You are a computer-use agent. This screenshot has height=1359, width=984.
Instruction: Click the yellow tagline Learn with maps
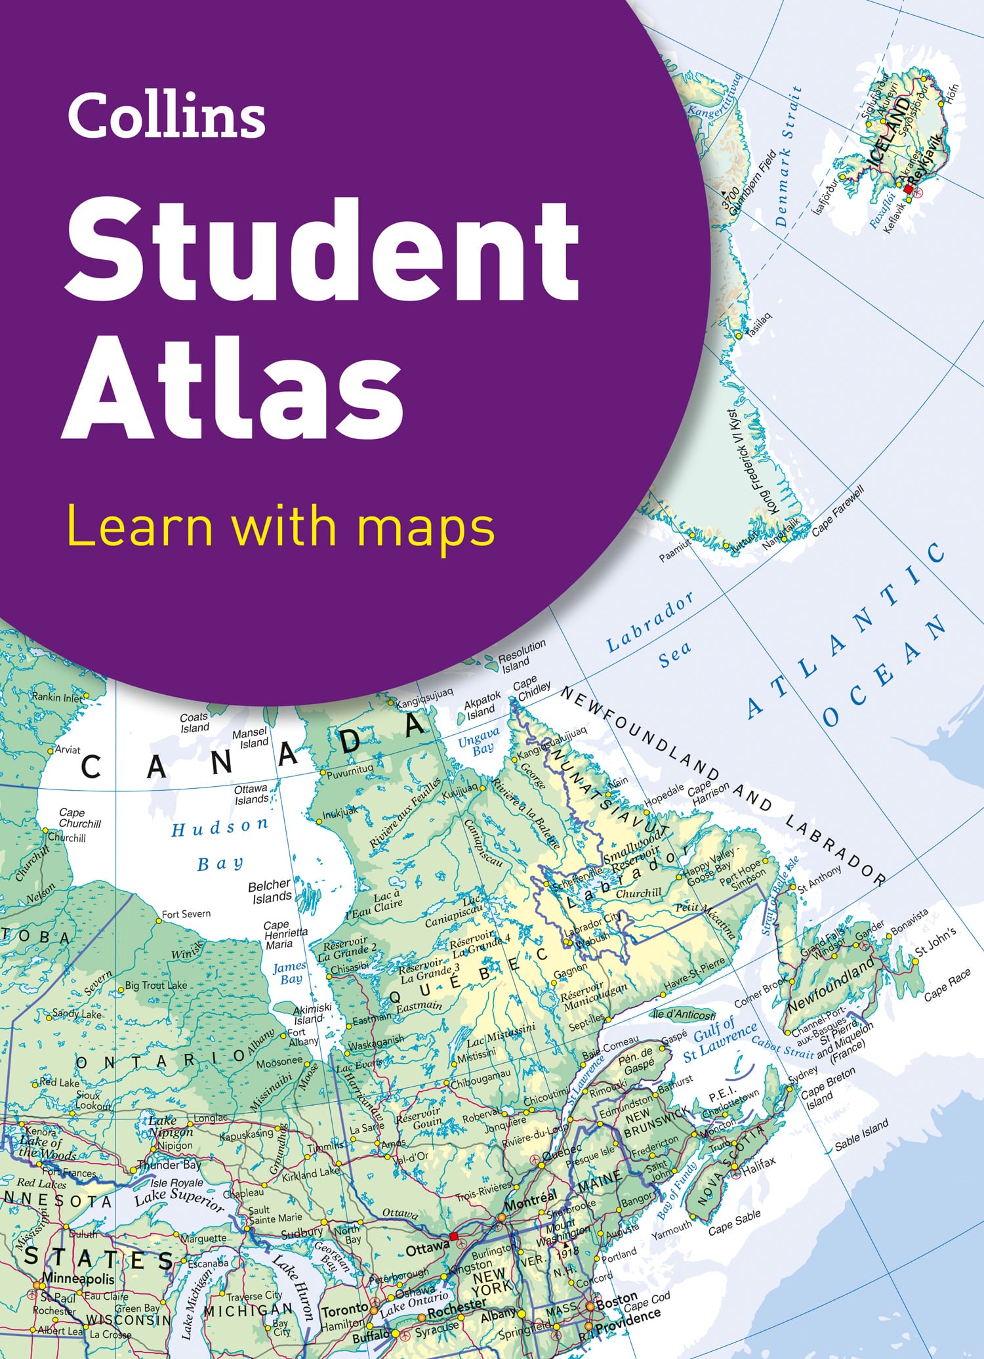pos(281,528)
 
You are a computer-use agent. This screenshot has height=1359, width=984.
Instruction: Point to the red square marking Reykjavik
pos(908,190)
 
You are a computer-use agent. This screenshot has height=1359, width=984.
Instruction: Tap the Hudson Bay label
pos(220,844)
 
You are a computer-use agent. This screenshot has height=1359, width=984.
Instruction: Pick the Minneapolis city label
pos(78,1278)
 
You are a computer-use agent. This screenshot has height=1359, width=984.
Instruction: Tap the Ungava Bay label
pos(479,741)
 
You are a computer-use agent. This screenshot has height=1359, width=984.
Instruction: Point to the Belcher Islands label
pos(270,891)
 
